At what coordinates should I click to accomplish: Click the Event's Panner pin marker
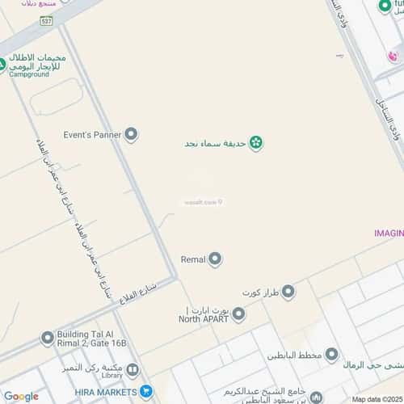pos(132,134)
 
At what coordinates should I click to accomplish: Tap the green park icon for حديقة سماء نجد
pos(255,144)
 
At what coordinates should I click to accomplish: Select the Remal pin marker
pos(216,259)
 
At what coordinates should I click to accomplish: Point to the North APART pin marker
pos(238,314)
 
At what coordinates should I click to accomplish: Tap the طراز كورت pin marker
pos(288,291)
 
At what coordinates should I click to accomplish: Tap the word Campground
pos(29,74)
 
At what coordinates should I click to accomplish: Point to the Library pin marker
pos(133,370)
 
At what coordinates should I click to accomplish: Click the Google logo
pos(20,396)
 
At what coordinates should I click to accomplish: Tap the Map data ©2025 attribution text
pos(376,399)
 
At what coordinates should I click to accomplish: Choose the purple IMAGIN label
pos(388,233)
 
